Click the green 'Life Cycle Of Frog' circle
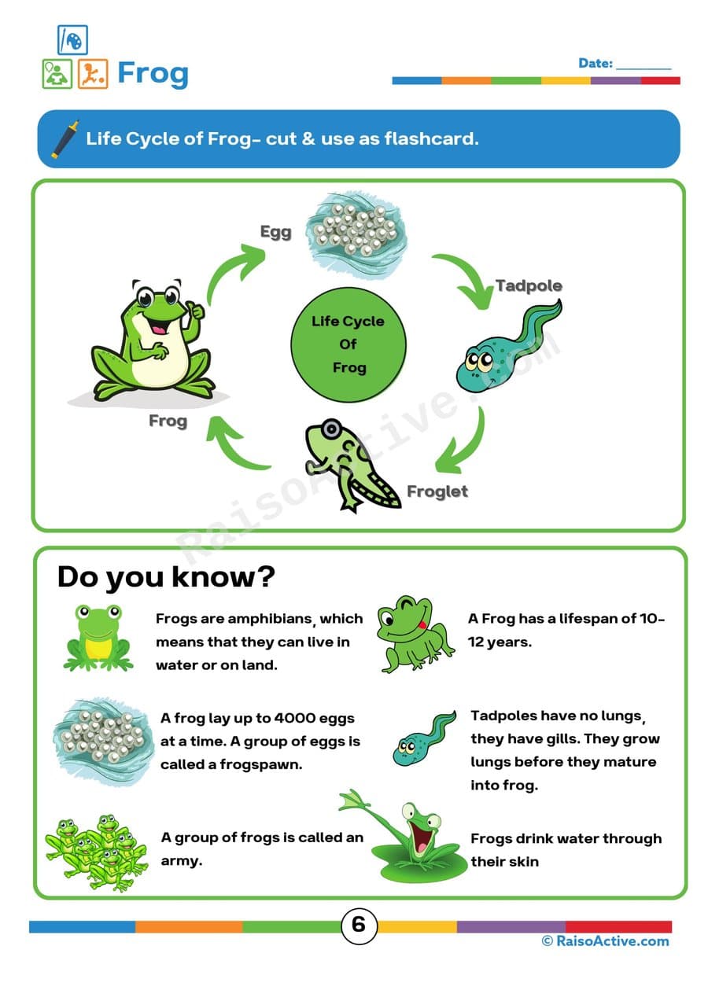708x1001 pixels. click(x=348, y=344)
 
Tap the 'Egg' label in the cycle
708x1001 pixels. click(x=275, y=231)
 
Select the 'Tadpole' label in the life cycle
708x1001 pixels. click(x=529, y=285)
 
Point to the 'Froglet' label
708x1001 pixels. click(x=437, y=491)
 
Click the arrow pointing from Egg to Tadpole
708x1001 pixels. click(x=462, y=278)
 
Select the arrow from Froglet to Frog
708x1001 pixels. click(x=239, y=444)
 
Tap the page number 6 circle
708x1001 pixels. click(x=358, y=925)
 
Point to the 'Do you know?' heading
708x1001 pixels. click(x=166, y=577)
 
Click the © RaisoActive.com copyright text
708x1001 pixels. click(x=605, y=941)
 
